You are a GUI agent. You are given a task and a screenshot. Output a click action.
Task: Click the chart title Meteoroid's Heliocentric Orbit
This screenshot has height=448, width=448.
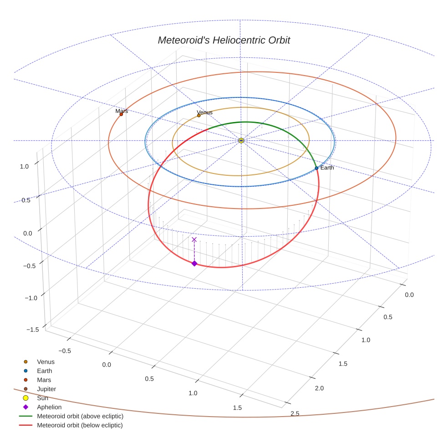(x=224, y=40)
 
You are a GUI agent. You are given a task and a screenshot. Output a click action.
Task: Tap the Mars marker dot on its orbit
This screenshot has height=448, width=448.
(x=121, y=114)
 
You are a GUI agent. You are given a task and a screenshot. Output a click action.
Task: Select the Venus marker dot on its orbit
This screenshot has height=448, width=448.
(x=199, y=116)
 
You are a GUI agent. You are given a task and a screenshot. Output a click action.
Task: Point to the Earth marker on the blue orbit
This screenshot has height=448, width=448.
(x=316, y=168)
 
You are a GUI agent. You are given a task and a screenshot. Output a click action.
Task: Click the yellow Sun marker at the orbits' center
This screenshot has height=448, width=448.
(x=241, y=141)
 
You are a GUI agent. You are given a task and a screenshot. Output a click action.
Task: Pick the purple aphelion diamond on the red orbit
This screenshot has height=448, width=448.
(x=194, y=264)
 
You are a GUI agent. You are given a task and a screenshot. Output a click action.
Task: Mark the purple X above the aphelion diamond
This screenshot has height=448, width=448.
(x=194, y=239)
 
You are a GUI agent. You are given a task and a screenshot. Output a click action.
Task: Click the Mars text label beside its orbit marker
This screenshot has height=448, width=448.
(x=122, y=111)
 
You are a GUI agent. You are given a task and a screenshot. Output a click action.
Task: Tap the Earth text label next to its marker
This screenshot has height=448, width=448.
(x=327, y=168)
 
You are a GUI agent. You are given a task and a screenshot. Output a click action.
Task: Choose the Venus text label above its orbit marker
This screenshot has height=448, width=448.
(x=204, y=112)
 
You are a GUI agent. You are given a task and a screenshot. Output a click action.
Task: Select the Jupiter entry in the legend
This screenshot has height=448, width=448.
(x=46, y=389)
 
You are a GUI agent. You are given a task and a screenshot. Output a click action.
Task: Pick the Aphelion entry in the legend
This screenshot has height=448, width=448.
(x=49, y=407)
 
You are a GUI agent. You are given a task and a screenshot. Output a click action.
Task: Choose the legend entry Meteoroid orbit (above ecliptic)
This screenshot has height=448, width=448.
(x=80, y=416)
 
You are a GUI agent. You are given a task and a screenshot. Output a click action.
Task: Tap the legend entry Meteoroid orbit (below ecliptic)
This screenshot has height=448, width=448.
(x=80, y=425)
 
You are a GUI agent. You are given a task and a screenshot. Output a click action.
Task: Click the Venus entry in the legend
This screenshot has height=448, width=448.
(x=46, y=361)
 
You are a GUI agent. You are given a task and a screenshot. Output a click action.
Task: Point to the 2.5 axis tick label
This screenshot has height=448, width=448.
(x=295, y=413)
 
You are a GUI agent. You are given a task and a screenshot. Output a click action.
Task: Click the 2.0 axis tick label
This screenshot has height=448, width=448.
(x=319, y=388)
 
